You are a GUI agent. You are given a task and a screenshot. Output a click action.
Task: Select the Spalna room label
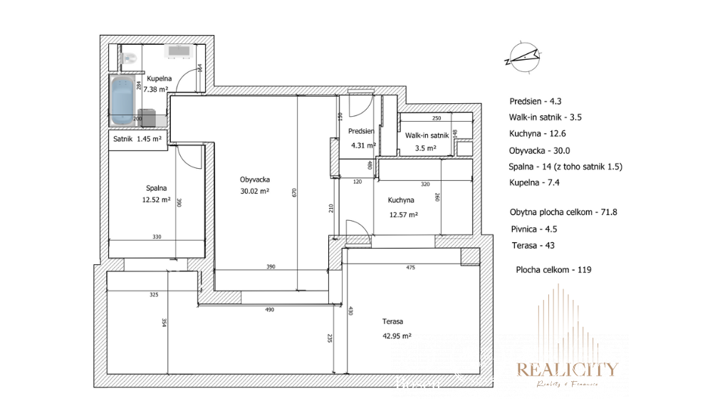click(157, 188)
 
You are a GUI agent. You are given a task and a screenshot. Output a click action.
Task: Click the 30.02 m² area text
click(254, 191)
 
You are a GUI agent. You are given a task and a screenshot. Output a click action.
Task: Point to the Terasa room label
click(392, 321)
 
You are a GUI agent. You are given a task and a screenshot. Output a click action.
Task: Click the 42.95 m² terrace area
click(397, 335)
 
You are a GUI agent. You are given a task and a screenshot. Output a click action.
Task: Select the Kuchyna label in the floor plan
click(402, 200)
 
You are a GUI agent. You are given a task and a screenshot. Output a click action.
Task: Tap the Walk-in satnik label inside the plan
click(427, 135)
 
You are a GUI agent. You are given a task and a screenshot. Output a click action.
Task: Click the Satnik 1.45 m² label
click(137, 139)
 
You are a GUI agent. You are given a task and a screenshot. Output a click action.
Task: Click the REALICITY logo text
click(567, 369)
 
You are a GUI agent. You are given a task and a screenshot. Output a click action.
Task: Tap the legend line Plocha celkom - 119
click(554, 269)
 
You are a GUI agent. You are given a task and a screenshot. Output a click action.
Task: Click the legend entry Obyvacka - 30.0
click(540, 150)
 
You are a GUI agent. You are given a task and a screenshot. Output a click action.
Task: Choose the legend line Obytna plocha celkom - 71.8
click(553, 212)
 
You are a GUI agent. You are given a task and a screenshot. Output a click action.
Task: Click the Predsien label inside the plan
click(362, 132)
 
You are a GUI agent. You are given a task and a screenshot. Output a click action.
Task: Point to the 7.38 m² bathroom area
click(155, 90)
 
